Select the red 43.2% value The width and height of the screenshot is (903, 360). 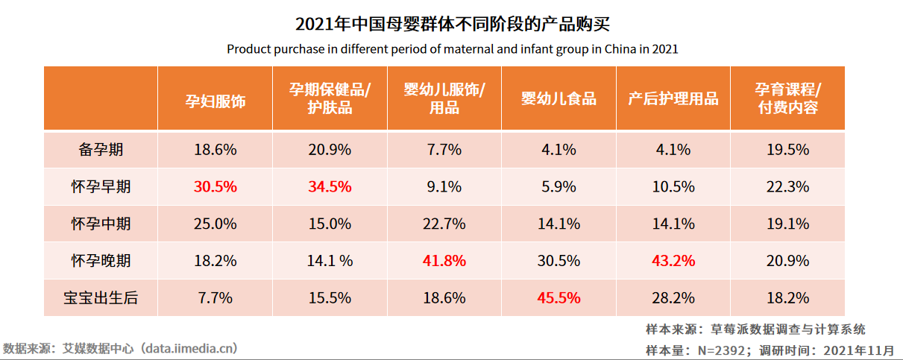click(x=673, y=261)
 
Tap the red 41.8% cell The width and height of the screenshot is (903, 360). click(x=444, y=261)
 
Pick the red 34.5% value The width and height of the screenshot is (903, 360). click(x=330, y=187)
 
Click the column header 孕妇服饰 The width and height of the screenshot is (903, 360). click(x=215, y=99)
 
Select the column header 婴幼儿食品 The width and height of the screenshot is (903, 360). click(x=559, y=99)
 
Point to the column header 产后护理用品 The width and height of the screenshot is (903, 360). click(x=673, y=99)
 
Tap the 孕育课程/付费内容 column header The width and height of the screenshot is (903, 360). click(x=787, y=99)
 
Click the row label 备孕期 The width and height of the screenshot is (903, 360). click(x=101, y=150)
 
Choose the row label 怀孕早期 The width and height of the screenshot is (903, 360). click(x=101, y=187)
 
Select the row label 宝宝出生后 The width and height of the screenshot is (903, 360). click(x=101, y=298)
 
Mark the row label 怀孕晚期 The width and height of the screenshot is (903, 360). click(x=101, y=261)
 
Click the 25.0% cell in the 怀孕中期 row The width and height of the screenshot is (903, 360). click(x=215, y=224)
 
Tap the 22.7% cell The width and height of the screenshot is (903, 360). click(x=444, y=224)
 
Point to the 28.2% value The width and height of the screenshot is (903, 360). click(x=673, y=298)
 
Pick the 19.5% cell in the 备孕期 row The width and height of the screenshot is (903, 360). click(x=787, y=150)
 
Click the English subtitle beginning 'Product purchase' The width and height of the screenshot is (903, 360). click(x=452, y=50)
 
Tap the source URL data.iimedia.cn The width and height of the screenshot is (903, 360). click(x=190, y=348)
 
